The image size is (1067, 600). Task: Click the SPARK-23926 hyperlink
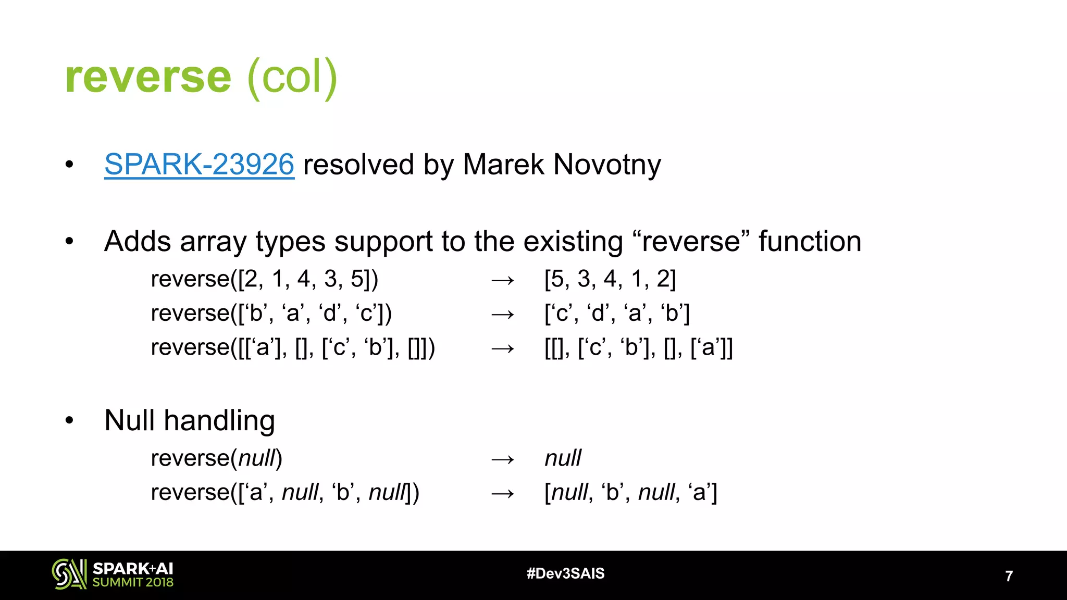click(199, 165)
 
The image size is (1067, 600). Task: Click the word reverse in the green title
click(148, 77)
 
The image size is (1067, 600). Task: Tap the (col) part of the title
click(293, 78)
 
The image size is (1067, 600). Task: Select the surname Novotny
click(607, 165)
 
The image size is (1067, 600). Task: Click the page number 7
click(1009, 576)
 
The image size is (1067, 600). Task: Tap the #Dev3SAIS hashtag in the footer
click(565, 573)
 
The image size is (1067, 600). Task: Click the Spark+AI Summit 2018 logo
click(113, 574)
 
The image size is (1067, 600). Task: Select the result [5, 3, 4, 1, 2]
click(610, 279)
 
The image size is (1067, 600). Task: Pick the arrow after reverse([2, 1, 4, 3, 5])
click(503, 280)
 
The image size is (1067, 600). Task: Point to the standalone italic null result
click(563, 458)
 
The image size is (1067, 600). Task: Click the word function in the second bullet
click(810, 242)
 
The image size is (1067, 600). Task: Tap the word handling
click(219, 421)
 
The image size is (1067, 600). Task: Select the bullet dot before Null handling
click(69, 420)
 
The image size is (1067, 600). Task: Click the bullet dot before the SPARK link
click(69, 165)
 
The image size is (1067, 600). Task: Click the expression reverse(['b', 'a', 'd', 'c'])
click(271, 314)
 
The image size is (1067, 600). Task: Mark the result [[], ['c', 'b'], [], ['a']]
click(638, 348)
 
